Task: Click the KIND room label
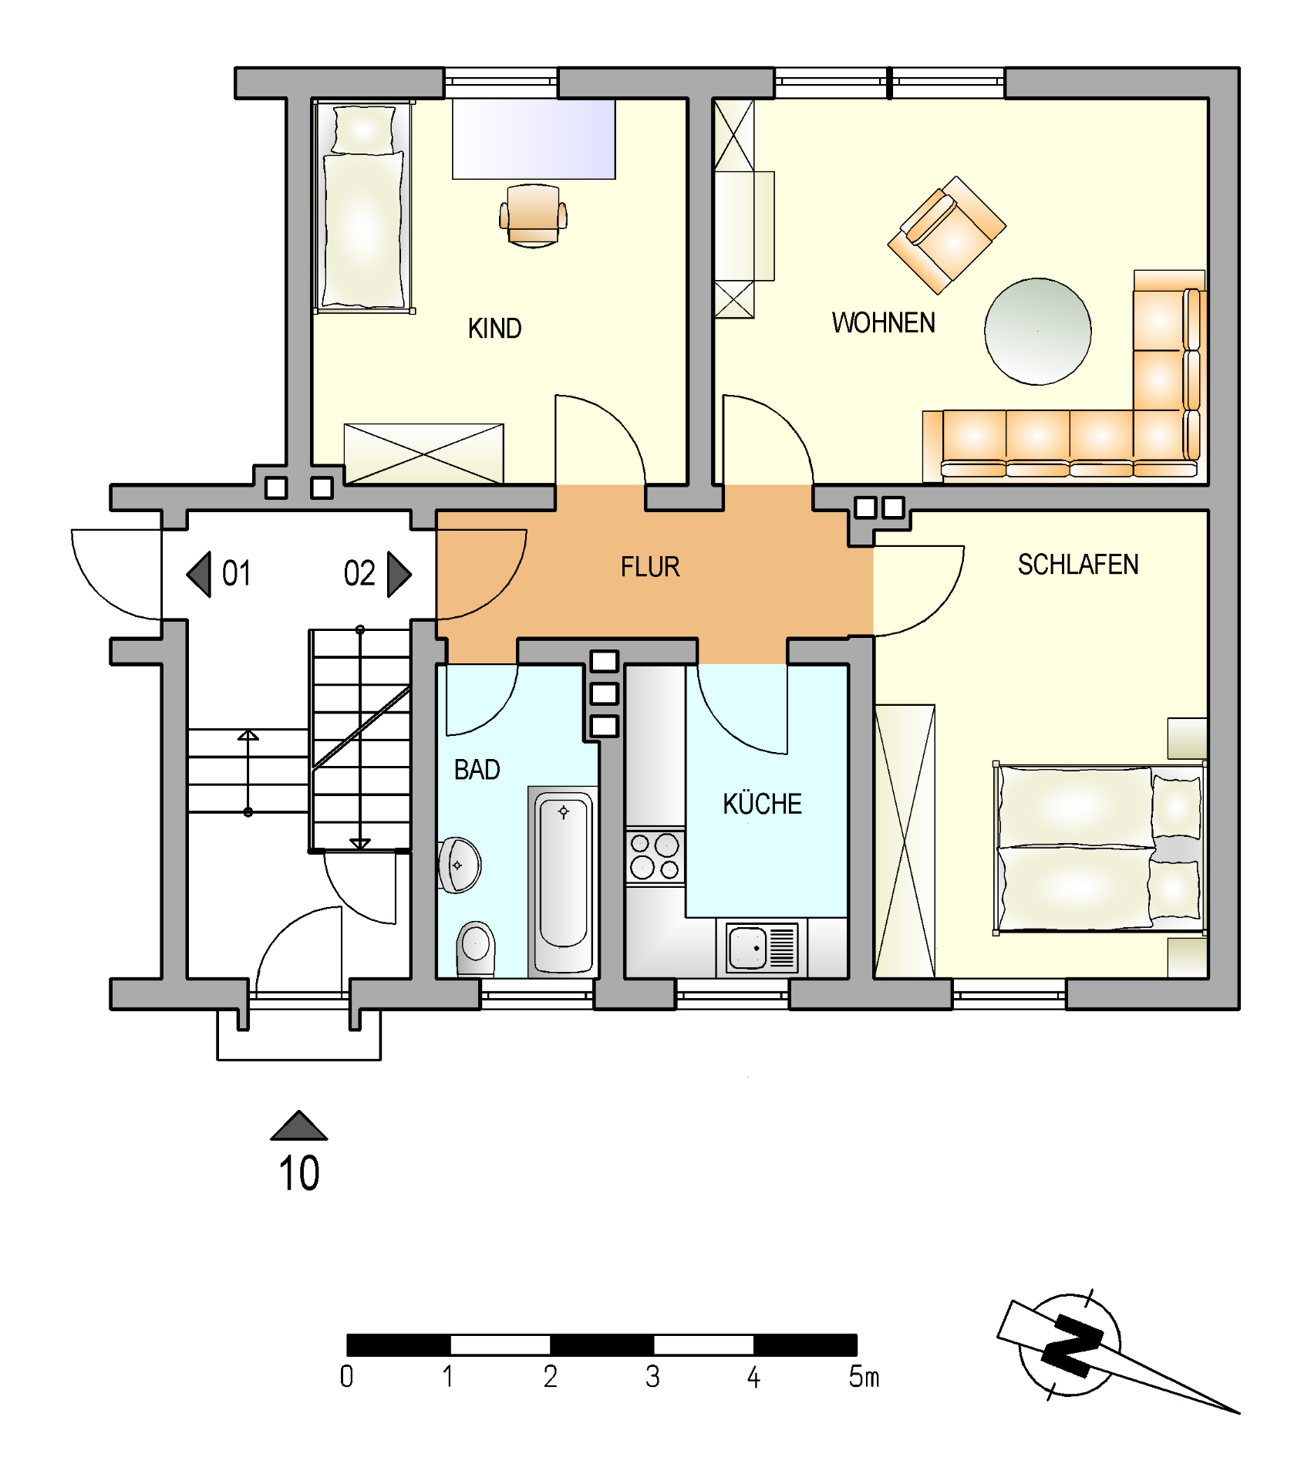494,329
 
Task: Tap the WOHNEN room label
883,322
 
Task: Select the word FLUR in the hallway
650,567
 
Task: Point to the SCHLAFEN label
1078,565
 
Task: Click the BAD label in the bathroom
477,770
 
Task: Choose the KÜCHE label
762,803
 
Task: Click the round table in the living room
1037,332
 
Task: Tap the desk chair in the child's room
533,216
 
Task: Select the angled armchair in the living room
946,235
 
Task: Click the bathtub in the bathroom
564,881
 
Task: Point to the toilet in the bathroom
476,949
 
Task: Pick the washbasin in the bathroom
459,865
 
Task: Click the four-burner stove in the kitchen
655,856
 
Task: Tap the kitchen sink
762,947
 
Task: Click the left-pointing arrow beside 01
199,574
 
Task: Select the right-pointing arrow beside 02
399,574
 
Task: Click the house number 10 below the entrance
299,1174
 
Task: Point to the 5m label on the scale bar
864,1376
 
